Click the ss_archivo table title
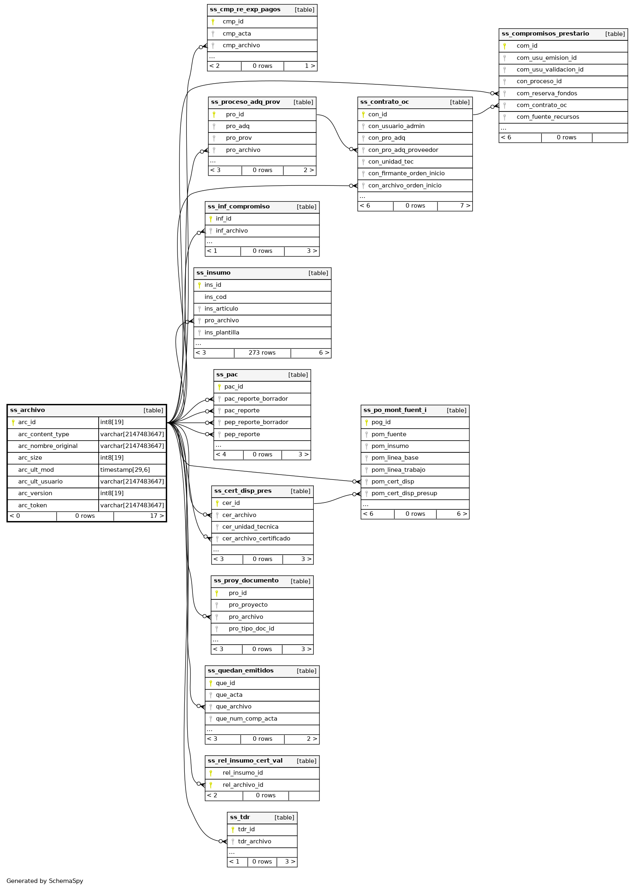click(27, 410)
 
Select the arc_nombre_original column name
click(48, 446)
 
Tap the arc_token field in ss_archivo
click(32, 505)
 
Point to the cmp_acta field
click(237, 34)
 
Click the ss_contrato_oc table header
click(384, 102)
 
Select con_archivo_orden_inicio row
click(404, 186)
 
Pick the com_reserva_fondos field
click(547, 94)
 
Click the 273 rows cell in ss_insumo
click(262, 353)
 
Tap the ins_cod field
click(215, 297)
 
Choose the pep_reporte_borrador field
click(256, 422)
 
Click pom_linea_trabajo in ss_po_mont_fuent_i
click(398, 470)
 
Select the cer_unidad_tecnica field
click(250, 527)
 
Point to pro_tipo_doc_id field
click(251, 629)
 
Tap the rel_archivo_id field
click(243, 785)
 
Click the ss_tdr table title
click(240, 818)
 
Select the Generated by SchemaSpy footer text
click(44, 881)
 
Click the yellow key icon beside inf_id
click(211, 219)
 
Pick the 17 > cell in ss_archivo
click(157, 516)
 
